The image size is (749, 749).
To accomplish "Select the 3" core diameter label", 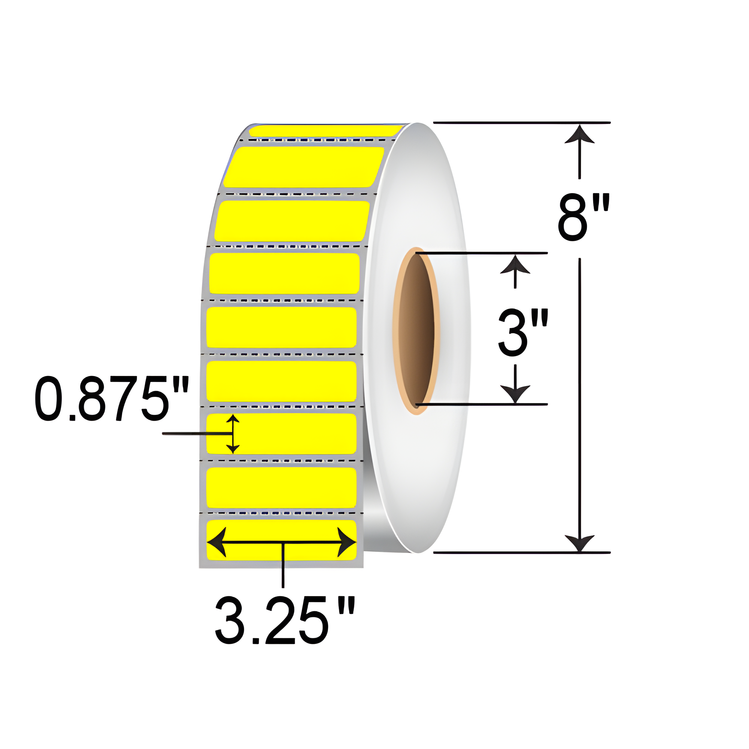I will coord(522,332).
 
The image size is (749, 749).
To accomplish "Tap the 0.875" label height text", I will coord(112,398).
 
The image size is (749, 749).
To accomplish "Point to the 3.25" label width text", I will coord(285,620).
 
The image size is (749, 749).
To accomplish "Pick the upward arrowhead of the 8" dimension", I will coord(579,134).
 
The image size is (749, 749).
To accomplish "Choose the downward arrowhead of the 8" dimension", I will coord(579,542).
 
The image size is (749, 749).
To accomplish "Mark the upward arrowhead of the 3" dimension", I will coord(515,264).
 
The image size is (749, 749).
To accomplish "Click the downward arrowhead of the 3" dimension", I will coord(515,393).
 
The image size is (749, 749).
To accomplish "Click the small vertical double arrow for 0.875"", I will coord(233,434).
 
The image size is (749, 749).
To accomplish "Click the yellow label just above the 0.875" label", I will coord(282,382).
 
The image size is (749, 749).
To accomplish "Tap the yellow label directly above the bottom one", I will coord(282,487).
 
